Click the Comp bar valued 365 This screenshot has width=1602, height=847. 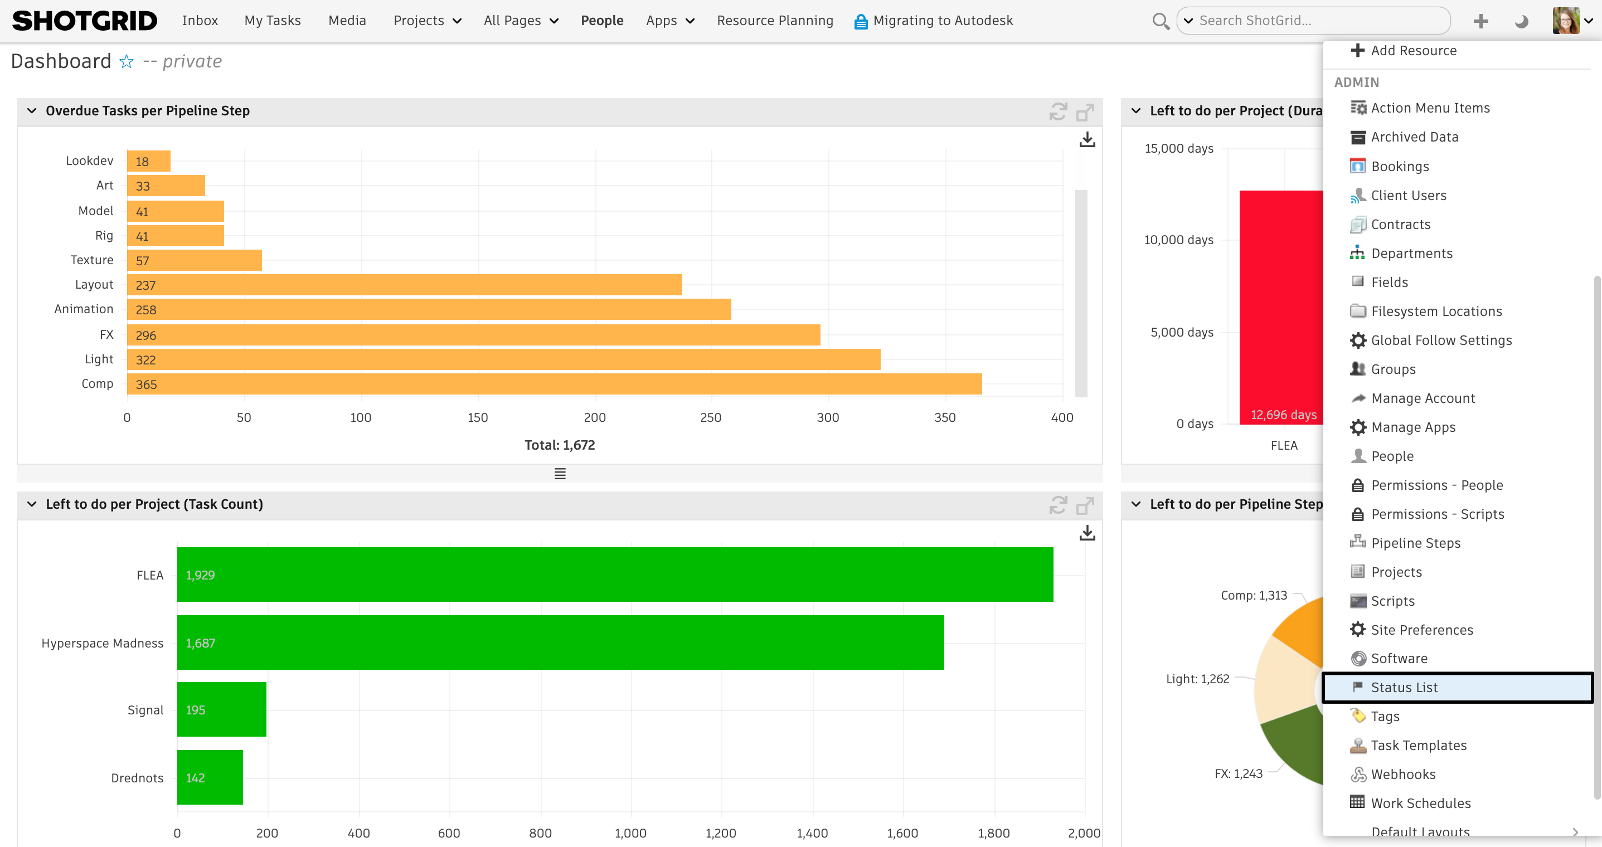(x=554, y=384)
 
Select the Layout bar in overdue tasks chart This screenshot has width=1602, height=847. (x=404, y=285)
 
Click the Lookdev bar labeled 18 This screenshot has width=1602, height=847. (x=149, y=161)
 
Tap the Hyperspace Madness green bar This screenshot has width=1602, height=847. (x=560, y=642)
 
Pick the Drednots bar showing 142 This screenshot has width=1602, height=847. (x=210, y=777)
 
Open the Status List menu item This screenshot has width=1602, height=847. (x=1404, y=687)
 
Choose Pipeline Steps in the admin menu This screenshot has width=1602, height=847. (x=1415, y=543)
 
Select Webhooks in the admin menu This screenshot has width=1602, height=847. (x=1402, y=774)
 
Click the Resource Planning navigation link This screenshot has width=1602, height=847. (x=774, y=21)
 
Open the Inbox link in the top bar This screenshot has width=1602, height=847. (x=200, y=21)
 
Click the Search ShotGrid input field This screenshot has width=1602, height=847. (x=1318, y=21)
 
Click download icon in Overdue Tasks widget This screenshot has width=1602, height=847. (x=1086, y=139)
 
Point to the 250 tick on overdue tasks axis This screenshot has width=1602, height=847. (x=710, y=417)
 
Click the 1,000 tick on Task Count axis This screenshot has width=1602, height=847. (x=630, y=833)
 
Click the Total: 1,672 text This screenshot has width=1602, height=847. (x=559, y=445)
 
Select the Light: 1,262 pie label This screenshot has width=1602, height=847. (x=1197, y=679)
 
